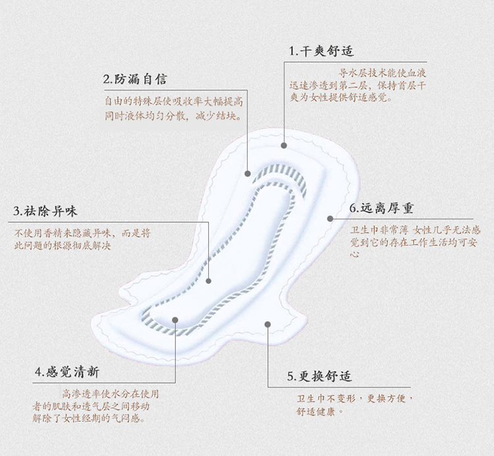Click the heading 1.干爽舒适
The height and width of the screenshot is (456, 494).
[321, 51]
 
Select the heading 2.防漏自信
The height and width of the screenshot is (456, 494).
[135, 79]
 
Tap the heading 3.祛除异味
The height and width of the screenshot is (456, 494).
[45, 211]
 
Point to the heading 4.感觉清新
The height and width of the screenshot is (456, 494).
[67, 372]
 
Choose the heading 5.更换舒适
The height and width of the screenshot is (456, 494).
[319, 376]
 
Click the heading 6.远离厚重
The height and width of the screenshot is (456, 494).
[381, 208]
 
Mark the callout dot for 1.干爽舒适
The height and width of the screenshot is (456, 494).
[284, 145]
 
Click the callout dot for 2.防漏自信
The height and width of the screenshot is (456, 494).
[248, 173]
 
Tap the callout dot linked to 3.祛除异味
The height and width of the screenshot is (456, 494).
[208, 281]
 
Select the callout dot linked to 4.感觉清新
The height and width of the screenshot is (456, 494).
[175, 320]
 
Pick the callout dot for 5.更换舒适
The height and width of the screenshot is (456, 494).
[267, 324]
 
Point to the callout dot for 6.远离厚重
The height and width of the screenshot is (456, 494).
[330, 218]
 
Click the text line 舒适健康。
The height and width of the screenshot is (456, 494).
[319, 411]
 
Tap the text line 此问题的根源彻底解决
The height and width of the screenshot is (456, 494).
[63, 246]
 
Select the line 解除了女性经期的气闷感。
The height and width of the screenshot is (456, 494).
[89, 418]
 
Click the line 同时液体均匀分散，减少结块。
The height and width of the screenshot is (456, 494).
[174, 116]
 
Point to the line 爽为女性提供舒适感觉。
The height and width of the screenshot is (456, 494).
[341, 98]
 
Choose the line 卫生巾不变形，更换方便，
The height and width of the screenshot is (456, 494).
[355, 399]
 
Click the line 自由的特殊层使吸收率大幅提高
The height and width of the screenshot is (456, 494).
[174, 101]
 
